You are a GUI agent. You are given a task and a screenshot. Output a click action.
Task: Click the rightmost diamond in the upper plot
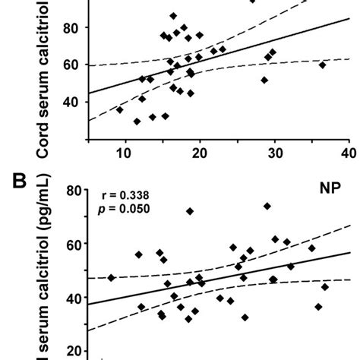click(x=323, y=65)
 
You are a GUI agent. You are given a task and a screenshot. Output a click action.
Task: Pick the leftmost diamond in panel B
click(x=112, y=278)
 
